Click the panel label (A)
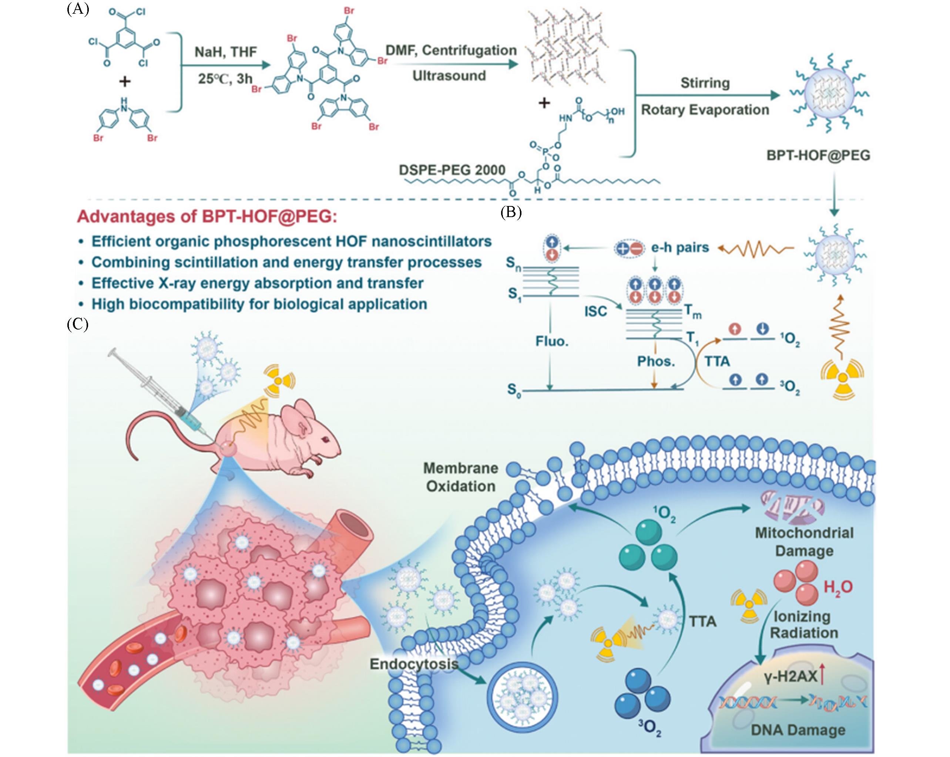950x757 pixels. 78,9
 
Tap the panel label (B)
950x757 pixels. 511,213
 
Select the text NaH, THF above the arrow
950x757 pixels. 226,52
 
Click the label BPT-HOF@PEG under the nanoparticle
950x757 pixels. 818,155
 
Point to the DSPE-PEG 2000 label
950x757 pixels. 451,170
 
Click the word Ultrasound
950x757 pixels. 449,76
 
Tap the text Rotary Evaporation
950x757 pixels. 705,110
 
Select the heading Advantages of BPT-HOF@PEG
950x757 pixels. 207,217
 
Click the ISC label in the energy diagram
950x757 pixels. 595,312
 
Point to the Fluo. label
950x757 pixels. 552,341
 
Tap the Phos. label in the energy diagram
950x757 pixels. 656,362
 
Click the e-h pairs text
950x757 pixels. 680,248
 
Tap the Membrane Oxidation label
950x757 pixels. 460,477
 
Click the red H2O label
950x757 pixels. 837,587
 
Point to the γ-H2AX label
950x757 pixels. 791,676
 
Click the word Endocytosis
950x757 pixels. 414,664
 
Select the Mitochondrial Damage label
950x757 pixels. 804,542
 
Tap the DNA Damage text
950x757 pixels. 798,730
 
